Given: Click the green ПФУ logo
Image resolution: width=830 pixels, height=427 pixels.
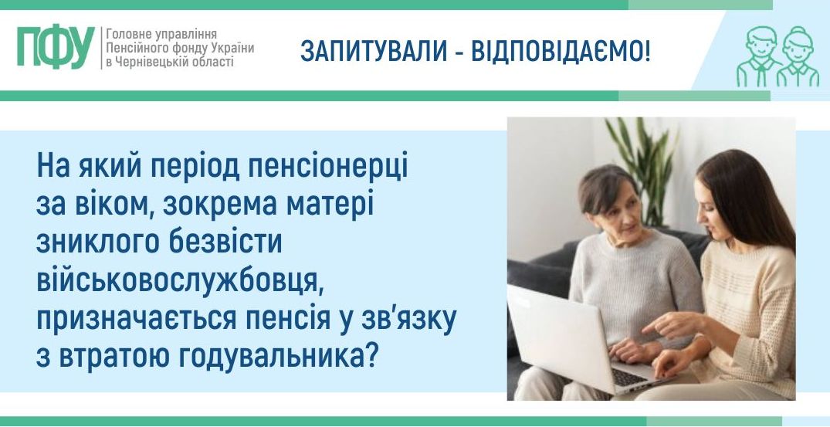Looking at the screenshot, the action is pyautogui.click(x=56, y=47).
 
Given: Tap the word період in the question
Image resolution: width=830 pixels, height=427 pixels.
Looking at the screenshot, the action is pyautogui.click(x=196, y=168).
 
